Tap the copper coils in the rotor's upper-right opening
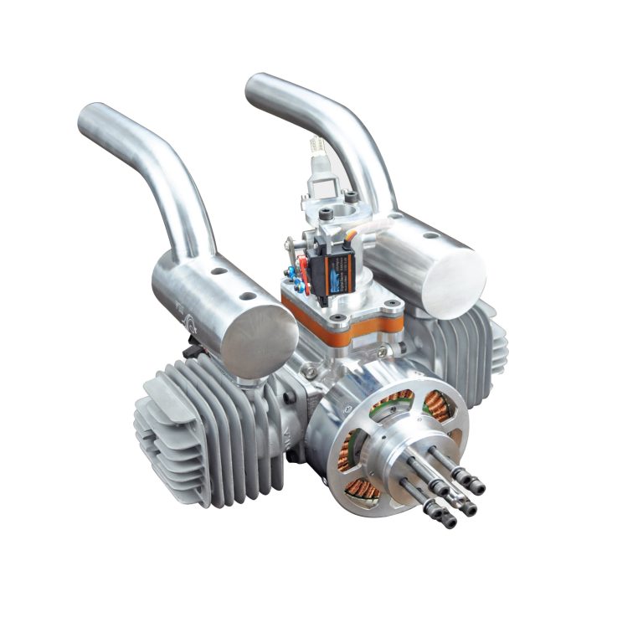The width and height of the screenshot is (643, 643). click(x=440, y=405)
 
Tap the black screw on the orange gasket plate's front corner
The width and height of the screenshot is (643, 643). click(x=339, y=319)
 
